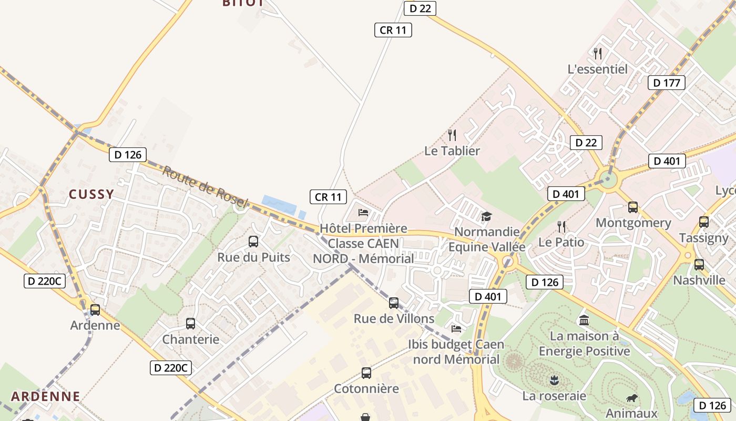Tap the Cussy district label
[91, 194]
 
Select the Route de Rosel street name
[205, 186]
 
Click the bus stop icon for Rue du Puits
[253, 242]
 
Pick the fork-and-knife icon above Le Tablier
[452, 135]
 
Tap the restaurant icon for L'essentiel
[597, 53]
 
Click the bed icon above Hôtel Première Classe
[363, 213]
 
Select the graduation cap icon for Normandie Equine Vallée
[486, 216]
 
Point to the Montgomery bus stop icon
[633, 207]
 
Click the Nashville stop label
[699, 280]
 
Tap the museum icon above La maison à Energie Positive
[584, 320]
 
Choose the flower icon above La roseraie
[554, 380]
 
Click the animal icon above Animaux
[631, 398]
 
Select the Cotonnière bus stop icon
[366, 373]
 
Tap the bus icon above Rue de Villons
[394, 303]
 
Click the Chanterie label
[190, 339]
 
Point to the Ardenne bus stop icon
[95, 310]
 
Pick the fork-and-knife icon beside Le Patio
[561, 227]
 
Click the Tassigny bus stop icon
[704, 222]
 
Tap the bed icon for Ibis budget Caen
[456, 329]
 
